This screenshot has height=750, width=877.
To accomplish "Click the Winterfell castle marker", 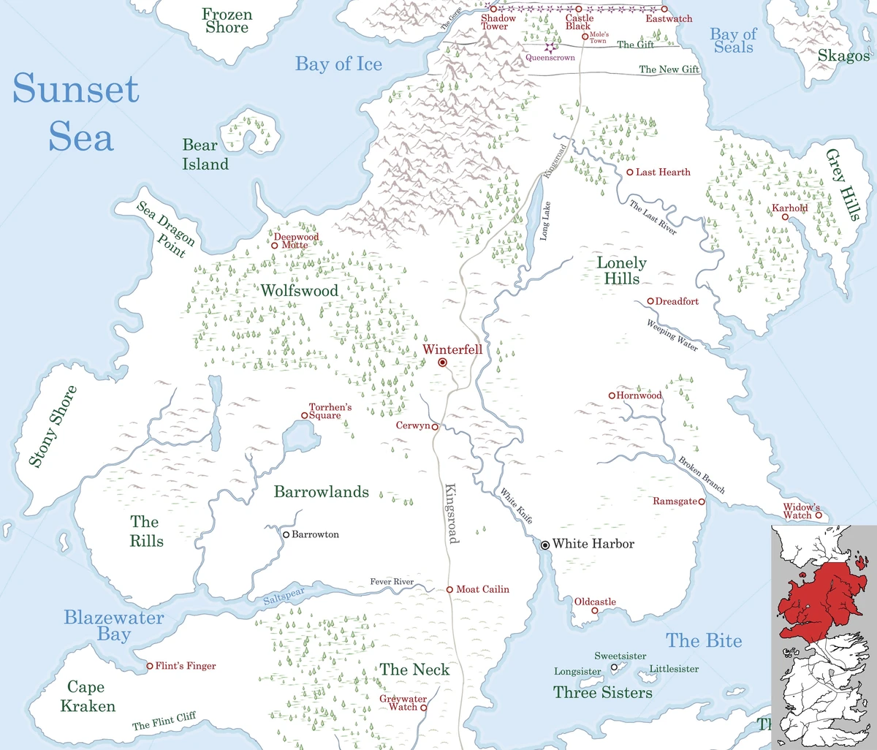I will pyautogui.click(x=442, y=363).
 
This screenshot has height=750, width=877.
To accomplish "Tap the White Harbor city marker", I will pyautogui.click(x=545, y=545).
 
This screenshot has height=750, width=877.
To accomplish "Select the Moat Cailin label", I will pyautogui.click(x=482, y=589).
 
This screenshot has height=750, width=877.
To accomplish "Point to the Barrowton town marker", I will pyautogui.click(x=286, y=534).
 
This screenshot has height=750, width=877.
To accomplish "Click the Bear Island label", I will pyautogui.click(x=205, y=155).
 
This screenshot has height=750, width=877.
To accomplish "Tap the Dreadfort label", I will pyautogui.click(x=677, y=301).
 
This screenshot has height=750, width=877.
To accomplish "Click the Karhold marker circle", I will pyautogui.click(x=785, y=217).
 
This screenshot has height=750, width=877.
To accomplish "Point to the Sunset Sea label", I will pyautogui.click(x=76, y=113).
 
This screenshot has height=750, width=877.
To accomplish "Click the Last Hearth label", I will pyautogui.click(x=663, y=173).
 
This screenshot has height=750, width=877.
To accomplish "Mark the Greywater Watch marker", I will pyautogui.click(x=423, y=708).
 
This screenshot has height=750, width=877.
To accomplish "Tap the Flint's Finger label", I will pyautogui.click(x=186, y=667).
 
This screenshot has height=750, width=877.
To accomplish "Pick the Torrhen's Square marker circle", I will pyautogui.click(x=304, y=415).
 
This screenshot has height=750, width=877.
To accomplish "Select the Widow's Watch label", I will pyautogui.click(x=802, y=511).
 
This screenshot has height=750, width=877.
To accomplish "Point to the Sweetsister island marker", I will pyautogui.click(x=615, y=667).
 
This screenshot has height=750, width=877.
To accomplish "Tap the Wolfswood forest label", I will pyautogui.click(x=300, y=291).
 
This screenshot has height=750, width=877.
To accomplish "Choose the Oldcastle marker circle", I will pyautogui.click(x=594, y=610).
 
